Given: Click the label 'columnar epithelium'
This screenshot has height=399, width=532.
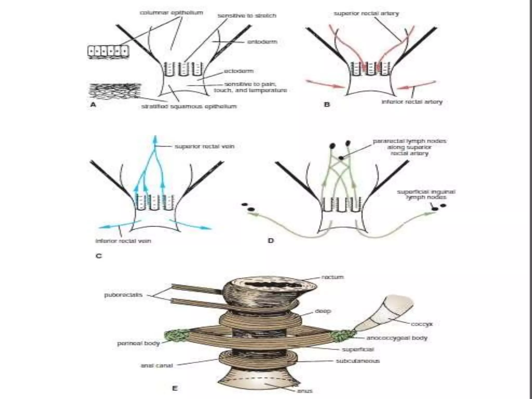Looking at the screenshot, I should [x=171, y=12].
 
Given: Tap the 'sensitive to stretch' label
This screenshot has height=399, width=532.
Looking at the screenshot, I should [x=247, y=16].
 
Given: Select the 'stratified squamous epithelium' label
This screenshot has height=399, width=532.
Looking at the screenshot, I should [x=189, y=106].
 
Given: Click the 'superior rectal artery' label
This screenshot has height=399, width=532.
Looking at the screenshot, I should [x=366, y=13].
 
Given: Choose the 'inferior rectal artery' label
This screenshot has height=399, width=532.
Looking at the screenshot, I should [x=412, y=102].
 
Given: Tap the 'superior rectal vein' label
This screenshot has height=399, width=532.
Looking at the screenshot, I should [x=204, y=147].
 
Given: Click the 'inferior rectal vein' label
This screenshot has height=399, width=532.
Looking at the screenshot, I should [x=123, y=241].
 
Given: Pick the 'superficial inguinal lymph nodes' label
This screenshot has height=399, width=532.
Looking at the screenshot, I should [x=426, y=195].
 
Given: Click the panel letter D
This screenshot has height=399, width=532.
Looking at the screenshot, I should [x=271, y=241].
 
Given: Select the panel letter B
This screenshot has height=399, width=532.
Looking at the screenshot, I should [x=327, y=104].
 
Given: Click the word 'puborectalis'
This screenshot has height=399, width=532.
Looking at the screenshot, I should [x=123, y=295].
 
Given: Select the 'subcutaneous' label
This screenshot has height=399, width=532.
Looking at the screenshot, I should [x=358, y=361].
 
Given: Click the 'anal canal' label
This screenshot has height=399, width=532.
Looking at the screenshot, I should [x=157, y=365].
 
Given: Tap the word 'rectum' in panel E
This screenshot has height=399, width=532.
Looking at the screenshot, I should [x=332, y=277].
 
